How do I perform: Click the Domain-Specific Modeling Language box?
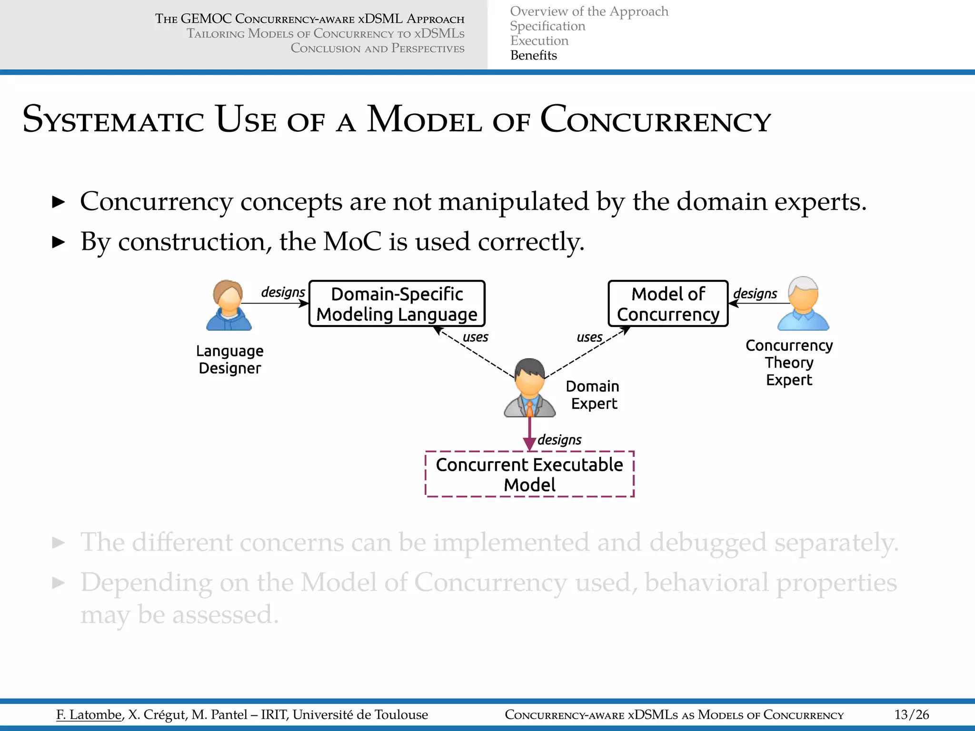pos(397,304)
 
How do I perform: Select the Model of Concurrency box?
pos(668,304)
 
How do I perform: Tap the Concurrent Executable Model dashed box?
pos(529,474)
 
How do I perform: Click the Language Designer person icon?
pos(229,306)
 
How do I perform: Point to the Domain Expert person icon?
pos(530,388)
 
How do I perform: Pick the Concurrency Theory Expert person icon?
pos(803,304)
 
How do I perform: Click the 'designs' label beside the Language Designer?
pos(283,292)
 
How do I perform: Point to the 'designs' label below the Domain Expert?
pos(559,440)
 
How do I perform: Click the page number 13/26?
pos(911,715)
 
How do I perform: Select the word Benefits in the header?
pos(533,56)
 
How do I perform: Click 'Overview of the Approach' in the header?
pos(589,11)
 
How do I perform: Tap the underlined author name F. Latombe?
pos(89,715)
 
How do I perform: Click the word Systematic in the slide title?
pos(113,120)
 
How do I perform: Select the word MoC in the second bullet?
pos(352,242)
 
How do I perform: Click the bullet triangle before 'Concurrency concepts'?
pos(58,202)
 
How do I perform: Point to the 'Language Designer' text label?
pos(229,359)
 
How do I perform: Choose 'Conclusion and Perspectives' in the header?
pos(377,49)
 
